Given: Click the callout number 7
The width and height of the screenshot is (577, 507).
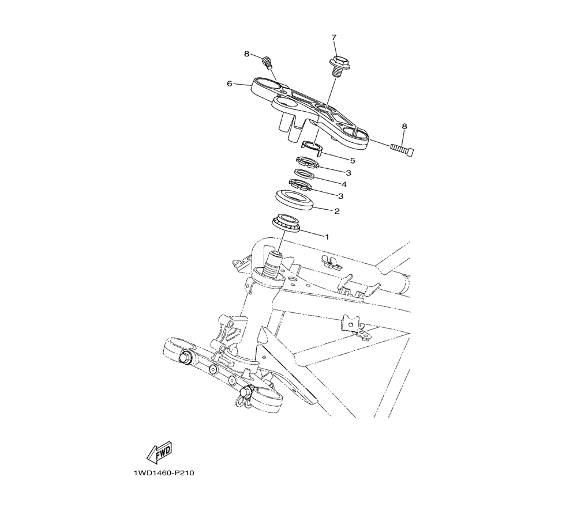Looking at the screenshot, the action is (334, 37).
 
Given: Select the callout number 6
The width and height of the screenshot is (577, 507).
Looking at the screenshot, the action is (230, 84).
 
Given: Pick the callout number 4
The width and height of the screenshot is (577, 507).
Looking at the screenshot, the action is (344, 184).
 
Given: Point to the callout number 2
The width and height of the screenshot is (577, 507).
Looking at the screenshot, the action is (337, 211).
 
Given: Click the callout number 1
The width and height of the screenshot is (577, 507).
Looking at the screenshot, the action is (327, 237).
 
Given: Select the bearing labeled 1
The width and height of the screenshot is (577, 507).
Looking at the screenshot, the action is (287, 223).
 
